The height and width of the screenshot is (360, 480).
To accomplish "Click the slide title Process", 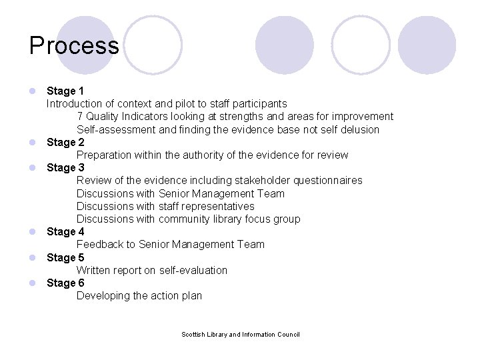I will point(74,45).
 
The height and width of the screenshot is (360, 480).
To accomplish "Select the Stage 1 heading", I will point(65,91).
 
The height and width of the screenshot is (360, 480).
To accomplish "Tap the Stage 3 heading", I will point(65,167).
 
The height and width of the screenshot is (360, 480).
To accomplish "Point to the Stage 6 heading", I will point(65,283).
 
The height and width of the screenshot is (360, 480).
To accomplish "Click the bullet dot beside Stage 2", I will point(32,142).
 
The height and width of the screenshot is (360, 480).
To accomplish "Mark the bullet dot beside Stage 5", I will point(32,257).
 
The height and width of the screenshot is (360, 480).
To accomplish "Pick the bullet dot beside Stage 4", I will point(32,232).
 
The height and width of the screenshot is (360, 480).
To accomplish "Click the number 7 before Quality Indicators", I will point(80,117).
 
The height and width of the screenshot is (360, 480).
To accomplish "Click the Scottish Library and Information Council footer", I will point(241,335).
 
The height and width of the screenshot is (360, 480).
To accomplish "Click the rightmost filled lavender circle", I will point(427,45).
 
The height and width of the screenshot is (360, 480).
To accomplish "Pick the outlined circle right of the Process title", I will point(153,45).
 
